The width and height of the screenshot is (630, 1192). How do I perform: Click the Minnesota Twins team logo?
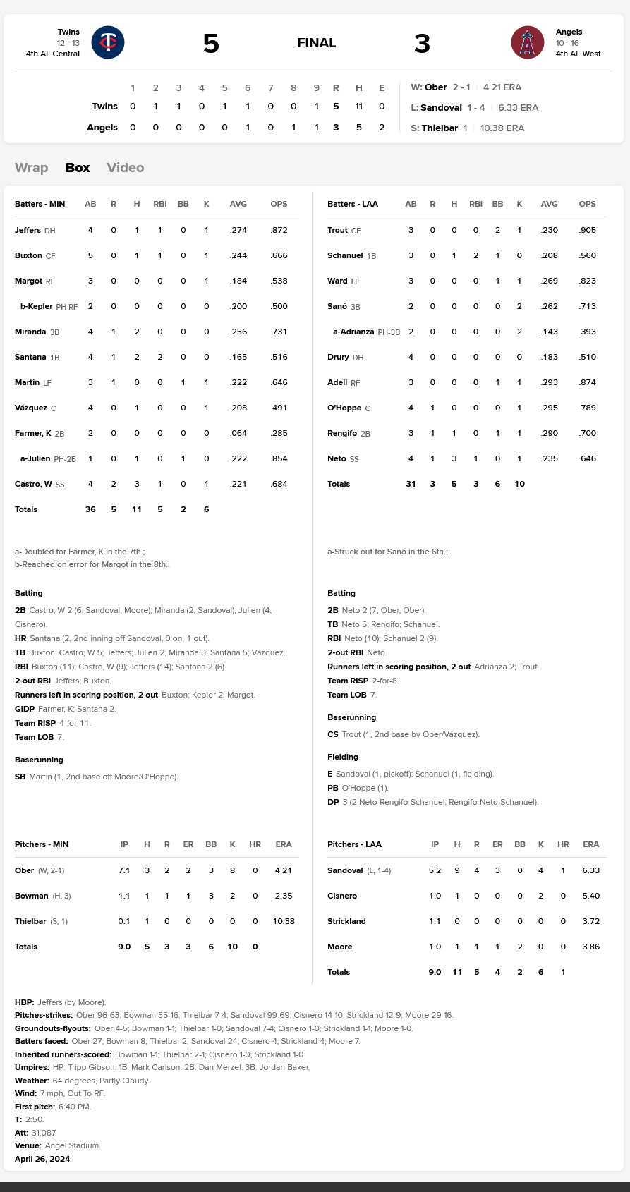pos(108,42)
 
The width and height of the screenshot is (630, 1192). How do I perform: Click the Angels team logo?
pos(527,42)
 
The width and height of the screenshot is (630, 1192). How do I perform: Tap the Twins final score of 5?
pos(211,44)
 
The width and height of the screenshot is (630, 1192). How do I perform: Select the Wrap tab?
pos(32,168)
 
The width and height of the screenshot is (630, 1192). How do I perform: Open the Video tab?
pos(126,168)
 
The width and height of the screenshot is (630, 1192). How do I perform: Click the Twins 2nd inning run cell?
pos(156,107)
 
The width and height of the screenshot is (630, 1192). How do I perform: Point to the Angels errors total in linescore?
pos(382,128)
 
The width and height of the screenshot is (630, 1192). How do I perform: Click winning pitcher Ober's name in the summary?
pos(435,87)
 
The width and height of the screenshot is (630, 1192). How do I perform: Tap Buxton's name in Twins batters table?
pos(28,255)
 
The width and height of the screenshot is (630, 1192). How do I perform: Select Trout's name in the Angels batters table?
pos(337,230)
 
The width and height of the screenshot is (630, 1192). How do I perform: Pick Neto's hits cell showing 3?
pos(454,458)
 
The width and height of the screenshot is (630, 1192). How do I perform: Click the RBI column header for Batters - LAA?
pos(476,204)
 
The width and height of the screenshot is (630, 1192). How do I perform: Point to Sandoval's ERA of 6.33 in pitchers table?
pos(591,870)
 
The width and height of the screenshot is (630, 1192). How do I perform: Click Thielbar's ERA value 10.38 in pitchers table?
pos(284,921)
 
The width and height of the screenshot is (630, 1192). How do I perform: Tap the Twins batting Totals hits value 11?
pos(137,509)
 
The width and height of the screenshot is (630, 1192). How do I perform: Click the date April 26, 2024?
pos(42,1159)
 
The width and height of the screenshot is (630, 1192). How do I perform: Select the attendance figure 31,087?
pos(44,1133)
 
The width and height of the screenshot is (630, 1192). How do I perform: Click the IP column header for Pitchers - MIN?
pos(124,844)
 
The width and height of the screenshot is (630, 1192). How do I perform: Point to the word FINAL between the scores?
pos(316,44)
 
